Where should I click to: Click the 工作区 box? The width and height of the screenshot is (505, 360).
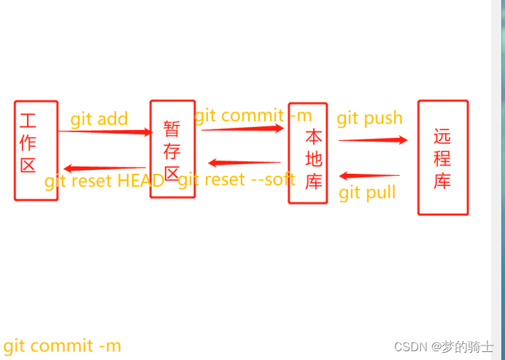35,150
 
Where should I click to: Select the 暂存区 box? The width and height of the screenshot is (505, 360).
172,149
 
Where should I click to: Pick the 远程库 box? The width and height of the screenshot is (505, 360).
442,157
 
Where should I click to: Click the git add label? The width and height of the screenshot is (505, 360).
99,119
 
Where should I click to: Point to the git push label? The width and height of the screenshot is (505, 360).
369,118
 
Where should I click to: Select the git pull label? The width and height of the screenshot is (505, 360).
367,192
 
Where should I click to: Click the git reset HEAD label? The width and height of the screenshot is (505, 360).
104,181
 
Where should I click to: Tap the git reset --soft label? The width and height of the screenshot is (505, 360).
236,180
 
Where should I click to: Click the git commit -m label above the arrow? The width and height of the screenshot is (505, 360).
252,115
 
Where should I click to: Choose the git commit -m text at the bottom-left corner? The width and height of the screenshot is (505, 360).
62,346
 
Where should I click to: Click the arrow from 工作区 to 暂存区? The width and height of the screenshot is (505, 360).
104,131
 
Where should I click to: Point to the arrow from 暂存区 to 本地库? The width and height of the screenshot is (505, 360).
242,129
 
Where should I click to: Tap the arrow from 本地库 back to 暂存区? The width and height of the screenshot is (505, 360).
244,163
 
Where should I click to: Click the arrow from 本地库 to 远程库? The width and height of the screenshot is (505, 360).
373,140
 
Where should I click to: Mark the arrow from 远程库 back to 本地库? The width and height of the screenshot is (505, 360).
369,175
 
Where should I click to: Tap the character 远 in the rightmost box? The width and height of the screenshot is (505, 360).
442,137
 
